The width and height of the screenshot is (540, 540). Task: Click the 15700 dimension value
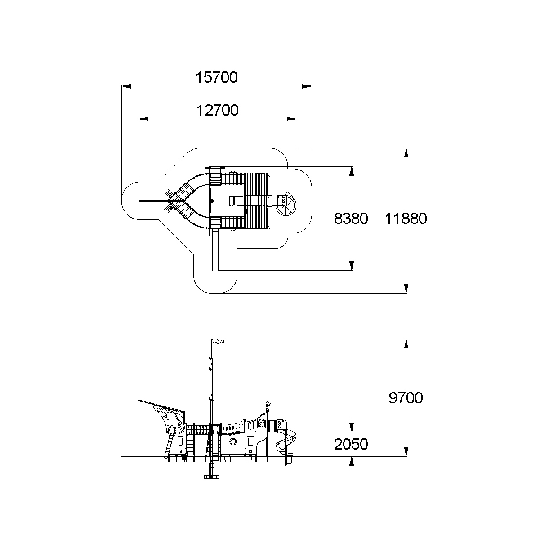217,77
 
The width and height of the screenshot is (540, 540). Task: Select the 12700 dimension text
218,110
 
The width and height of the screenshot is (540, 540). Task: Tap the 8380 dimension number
351,219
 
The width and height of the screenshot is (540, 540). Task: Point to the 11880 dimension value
406,219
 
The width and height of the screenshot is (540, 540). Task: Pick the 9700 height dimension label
406,397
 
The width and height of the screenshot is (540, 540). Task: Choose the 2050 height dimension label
351,444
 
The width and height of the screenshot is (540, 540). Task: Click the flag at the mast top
219,341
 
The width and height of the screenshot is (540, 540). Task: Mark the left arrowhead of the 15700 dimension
126,86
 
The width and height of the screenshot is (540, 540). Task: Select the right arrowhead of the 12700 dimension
291,119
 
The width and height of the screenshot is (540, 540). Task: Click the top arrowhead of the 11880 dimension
406,152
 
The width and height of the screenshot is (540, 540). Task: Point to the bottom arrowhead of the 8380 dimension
352,266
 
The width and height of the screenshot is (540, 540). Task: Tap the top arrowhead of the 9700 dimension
406,344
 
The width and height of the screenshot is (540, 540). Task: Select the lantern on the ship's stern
268,406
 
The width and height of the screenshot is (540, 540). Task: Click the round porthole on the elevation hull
233,442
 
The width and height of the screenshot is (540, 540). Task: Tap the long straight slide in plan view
215,249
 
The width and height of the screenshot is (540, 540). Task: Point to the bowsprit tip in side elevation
139,401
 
